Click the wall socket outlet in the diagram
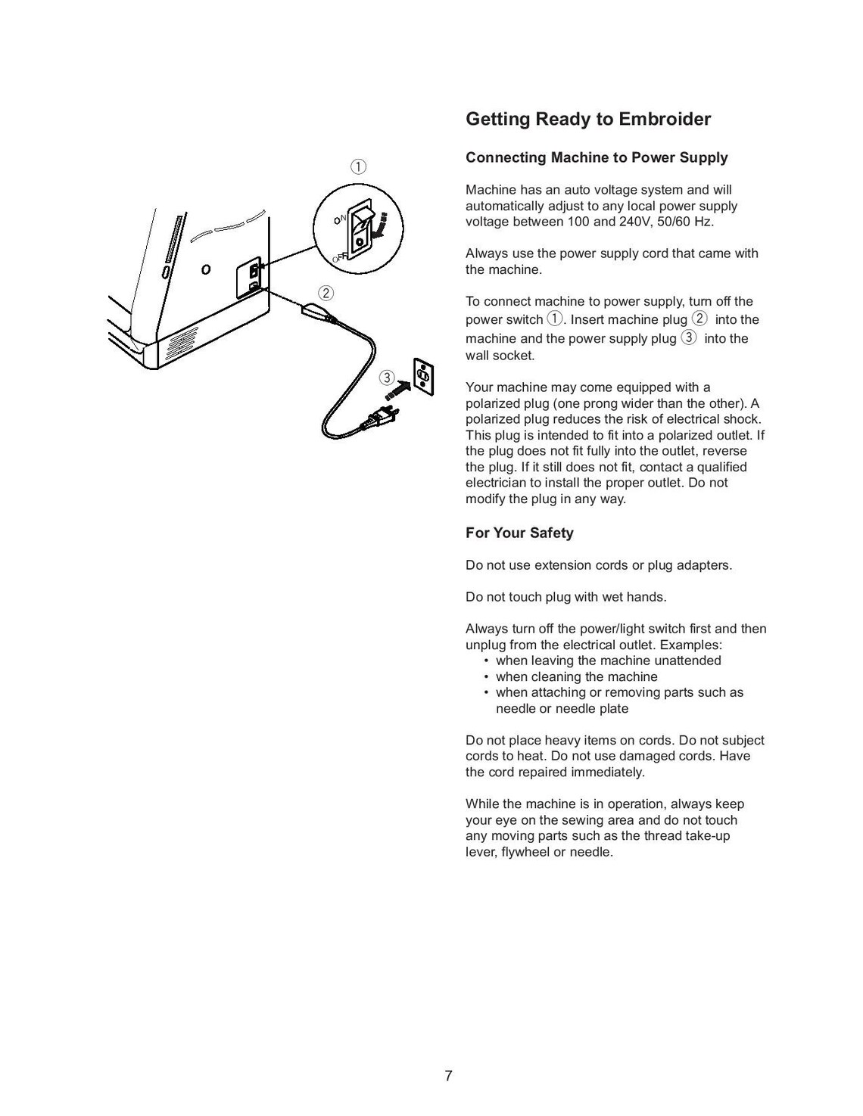424,376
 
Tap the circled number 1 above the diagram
358,166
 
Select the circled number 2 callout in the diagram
326,293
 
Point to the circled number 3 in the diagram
387,377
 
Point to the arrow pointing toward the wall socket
397,389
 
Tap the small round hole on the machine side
206,269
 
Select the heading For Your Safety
519,533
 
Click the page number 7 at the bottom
448,1076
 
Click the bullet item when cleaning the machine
576,676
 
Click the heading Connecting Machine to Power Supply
597,157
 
